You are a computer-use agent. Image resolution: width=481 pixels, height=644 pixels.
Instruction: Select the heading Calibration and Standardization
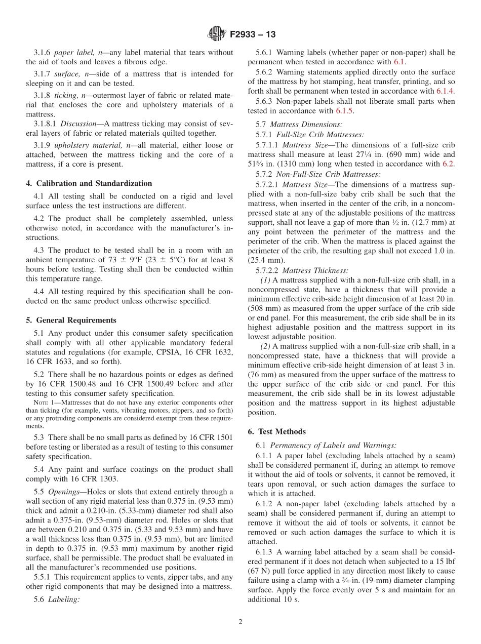pos(94,183)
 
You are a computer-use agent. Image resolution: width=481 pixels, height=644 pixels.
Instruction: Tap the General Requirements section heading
pos(76,320)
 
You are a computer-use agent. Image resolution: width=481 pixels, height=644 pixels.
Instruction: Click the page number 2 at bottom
pos(240,622)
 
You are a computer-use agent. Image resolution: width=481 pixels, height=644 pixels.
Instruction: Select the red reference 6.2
pos(449,164)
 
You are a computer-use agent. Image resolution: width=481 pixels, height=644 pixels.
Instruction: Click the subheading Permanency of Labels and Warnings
pos(333,445)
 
